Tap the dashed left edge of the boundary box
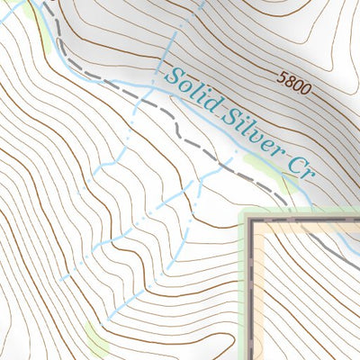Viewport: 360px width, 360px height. click(250, 288)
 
